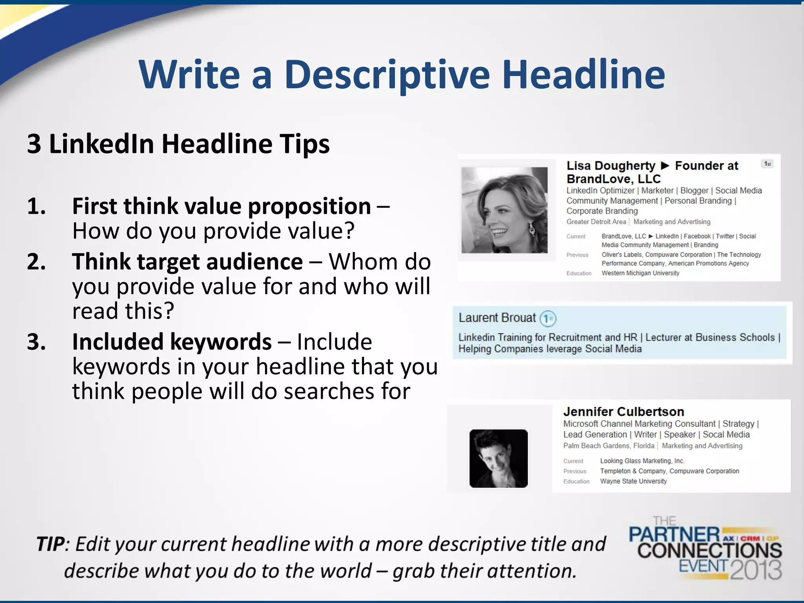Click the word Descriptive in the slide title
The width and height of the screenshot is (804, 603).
(387, 75)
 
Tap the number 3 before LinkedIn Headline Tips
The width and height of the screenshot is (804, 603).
(34, 144)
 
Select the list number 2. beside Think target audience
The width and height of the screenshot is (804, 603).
(36, 262)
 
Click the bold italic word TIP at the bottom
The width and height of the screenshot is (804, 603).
(50, 545)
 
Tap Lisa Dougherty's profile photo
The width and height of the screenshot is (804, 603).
(504, 210)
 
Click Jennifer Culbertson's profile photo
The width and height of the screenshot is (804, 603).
(498, 459)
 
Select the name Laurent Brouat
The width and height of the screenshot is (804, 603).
(497, 318)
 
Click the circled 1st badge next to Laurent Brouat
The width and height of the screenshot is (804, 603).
(548, 318)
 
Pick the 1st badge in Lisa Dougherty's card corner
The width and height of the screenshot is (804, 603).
(767, 164)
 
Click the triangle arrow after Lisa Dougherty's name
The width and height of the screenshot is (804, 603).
(665, 166)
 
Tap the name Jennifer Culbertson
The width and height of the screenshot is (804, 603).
(623, 411)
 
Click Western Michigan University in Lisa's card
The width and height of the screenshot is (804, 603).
(640, 273)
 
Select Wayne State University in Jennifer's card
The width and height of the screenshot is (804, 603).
(633, 481)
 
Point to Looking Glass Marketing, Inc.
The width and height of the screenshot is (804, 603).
(642, 461)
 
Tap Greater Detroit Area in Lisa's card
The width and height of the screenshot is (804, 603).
(596, 222)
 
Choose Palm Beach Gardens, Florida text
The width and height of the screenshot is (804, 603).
(608, 446)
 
